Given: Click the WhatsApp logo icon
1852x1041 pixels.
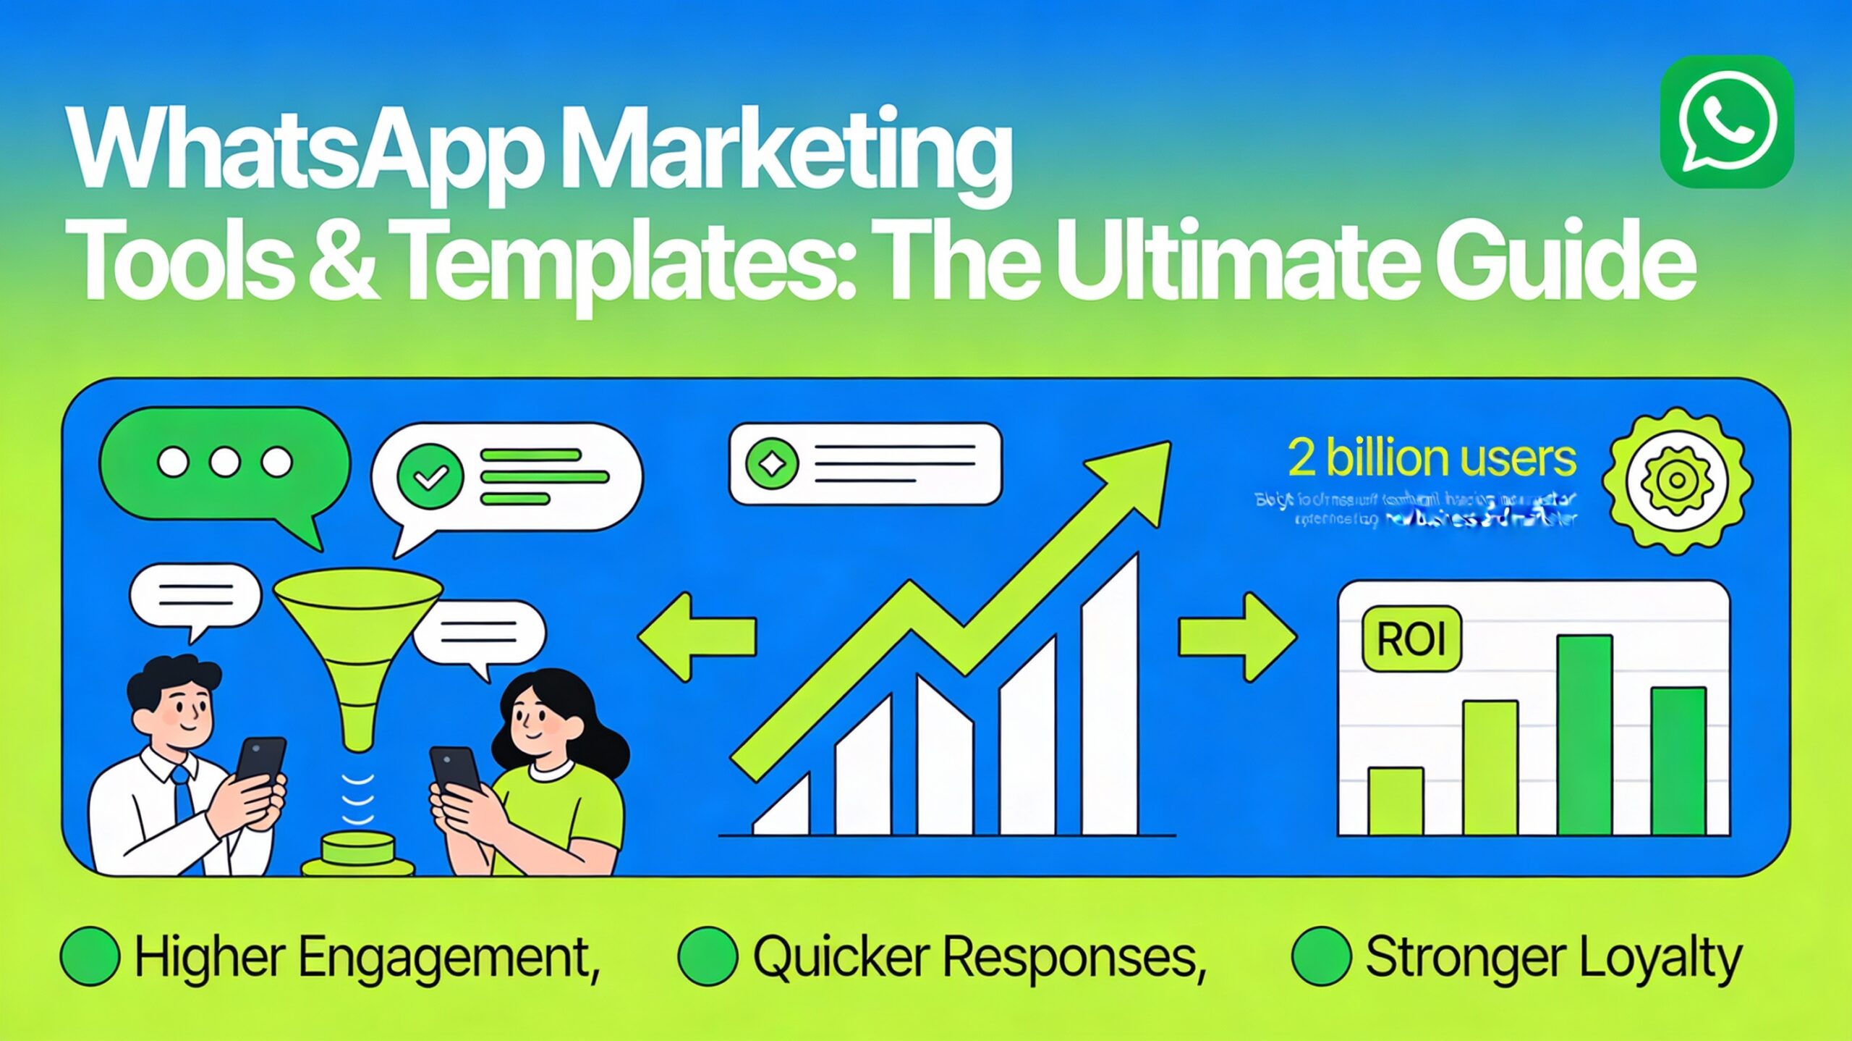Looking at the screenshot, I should point(1725,121).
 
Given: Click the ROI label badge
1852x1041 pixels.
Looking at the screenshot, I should point(1411,639).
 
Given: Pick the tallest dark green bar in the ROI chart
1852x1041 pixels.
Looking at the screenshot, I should point(1584,735).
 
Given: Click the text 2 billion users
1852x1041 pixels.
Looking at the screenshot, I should point(1431,458).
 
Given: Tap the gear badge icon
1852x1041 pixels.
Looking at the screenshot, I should point(1677,481).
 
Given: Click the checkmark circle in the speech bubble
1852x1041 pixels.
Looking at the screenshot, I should point(430,476).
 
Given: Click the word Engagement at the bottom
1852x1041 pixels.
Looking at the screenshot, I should point(449,957).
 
